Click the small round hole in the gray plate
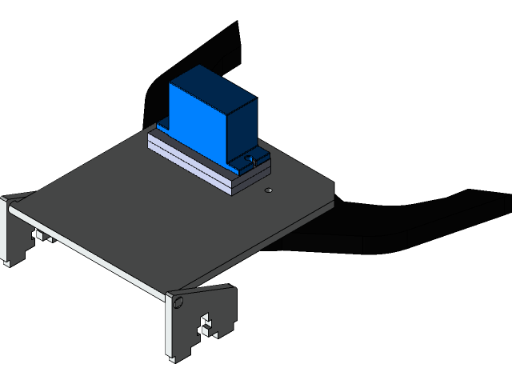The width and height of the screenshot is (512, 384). [x=269, y=190]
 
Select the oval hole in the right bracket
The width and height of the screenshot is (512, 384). [x=178, y=302]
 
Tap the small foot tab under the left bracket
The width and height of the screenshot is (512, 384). [x=9, y=260]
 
